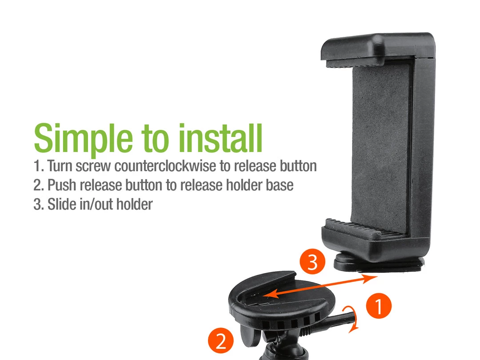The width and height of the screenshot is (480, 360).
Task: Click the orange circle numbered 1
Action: pyautogui.click(x=379, y=306)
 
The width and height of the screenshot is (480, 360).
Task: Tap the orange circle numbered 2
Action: pyautogui.click(x=221, y=340)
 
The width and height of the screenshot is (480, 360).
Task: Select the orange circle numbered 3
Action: pyautogui.click(x=312, y=262)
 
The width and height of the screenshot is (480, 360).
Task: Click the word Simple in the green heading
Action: pyautogui.click(x=83, y=138)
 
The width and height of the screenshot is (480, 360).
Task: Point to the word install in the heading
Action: pyautogui.click(x=220, y=138)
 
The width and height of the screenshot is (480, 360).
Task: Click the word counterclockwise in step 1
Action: pyautogui.click(x=165, y=166)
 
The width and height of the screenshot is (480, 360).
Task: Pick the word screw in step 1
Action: pyautogui.click(x=93, y=167)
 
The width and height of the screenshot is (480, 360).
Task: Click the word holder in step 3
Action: pyautogui.click(x=134, y=204)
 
